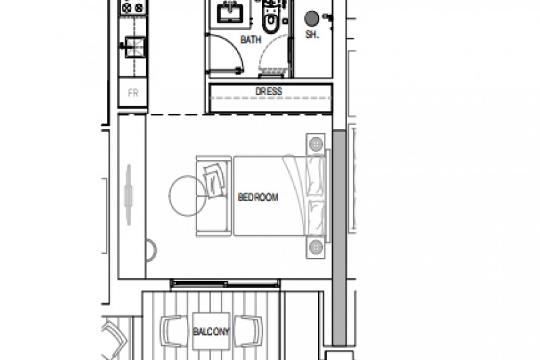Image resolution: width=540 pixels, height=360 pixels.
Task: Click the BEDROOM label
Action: [x=258, y=197]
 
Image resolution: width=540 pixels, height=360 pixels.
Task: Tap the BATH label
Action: [x=250, y=40]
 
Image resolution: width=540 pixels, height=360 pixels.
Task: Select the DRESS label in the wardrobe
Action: [x=269, y=91]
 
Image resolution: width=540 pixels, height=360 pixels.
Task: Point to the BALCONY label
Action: [x=211, y=332]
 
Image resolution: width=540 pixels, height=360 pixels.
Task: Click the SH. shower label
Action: [x=312, y=34]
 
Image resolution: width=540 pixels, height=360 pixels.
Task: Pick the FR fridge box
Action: [x=133, y=93]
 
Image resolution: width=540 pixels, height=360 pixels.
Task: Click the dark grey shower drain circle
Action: [x=312, y=19]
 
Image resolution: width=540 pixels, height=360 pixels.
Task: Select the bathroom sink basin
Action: [x=230, y=13]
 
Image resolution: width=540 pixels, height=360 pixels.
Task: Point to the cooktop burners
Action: [x=133, y=7]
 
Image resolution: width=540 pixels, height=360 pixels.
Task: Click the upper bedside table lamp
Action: [x=316, y=144]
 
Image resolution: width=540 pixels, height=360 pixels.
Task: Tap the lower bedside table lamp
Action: [x=316, y=247]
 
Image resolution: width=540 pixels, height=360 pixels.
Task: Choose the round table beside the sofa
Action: [x=188, y=196]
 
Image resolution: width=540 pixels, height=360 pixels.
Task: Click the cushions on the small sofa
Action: [x=215, y=180]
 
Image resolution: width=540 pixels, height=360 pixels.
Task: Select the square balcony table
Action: [x=211, y=331]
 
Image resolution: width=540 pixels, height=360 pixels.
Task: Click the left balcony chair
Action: [x=174, y=332]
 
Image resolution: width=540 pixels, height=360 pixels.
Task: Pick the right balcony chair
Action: [x=248, y=332]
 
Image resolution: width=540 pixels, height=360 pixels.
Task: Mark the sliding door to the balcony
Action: [x=225, y=284]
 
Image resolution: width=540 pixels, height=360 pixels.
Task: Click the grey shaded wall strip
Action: [x=340, y=238]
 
